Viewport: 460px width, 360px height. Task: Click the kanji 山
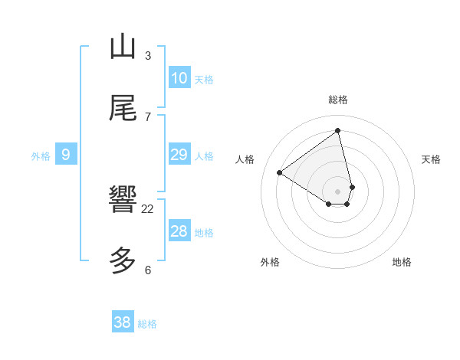coord(123,47)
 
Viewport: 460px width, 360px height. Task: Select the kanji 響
coord(123,200)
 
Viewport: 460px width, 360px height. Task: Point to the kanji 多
coord(123,261)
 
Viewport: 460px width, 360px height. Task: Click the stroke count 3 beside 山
coord(148,55)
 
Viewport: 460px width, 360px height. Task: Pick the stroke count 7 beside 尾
coord(148,116)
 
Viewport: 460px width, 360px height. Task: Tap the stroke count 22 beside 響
coord(148,208)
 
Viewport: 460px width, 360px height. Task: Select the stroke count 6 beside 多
coord(148,270)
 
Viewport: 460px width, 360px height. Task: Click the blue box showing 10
coord(179,78)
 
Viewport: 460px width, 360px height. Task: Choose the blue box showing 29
coord(179,155)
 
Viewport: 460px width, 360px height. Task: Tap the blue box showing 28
coord(179,231)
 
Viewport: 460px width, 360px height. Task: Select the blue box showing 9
coord(66,155)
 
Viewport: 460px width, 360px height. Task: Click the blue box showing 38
coord(123,322)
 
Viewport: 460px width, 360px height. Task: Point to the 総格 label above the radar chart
coord(338,100)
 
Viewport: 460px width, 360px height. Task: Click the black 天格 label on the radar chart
coord(431,159)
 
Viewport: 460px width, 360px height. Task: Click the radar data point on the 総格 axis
coord(338,130)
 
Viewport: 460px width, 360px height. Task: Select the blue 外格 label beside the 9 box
coord(41,156)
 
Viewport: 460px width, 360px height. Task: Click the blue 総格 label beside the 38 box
coord(147,324)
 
